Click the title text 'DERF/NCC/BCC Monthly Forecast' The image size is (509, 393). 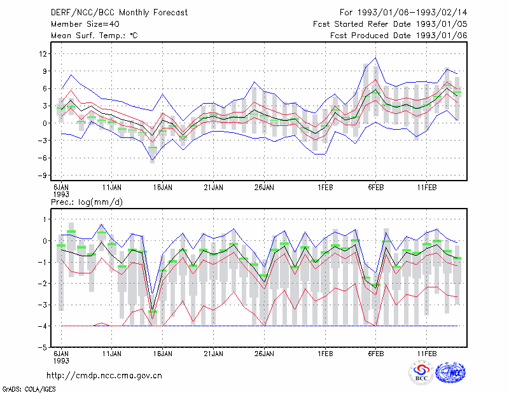coord(119,13)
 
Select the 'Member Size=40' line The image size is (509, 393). coord(85,24)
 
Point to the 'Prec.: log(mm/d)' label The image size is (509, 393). coord(87,202)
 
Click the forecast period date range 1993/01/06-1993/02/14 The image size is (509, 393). coord(412,13)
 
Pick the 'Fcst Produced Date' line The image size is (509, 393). coord(399,36)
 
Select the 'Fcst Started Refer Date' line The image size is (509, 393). coord(390,24)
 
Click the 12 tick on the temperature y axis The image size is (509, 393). coord(43,53)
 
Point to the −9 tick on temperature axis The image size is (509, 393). coord(42,176)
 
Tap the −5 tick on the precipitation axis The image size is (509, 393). coord(42,347)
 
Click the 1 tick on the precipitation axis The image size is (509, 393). coord(45,219)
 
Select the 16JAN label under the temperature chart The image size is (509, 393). coord(163,188)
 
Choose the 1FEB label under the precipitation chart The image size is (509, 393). coord(325,354)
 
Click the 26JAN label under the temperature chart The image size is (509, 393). coord(264,188)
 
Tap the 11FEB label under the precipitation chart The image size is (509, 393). coord(426,354)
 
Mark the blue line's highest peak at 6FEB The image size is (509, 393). coord(375,58)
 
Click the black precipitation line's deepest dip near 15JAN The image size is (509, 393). coord(153,310)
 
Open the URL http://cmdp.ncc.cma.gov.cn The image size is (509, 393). coord(104,376)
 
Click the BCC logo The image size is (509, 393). coord(421,373)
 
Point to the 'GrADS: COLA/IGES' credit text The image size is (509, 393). coord(29,389)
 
